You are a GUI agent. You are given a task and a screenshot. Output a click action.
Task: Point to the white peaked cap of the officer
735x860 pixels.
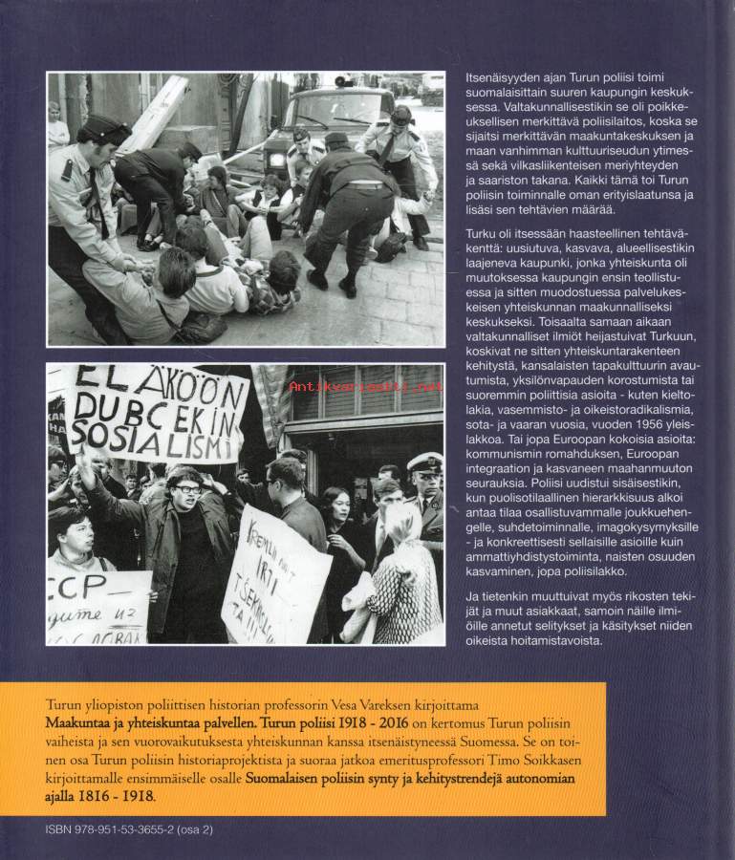tap(425, 462)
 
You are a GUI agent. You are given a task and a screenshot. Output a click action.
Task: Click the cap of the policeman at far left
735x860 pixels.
tap(103, 128)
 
